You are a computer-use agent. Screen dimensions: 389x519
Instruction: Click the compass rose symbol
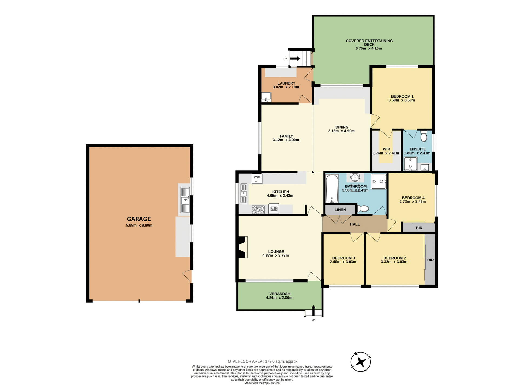coord(360,362)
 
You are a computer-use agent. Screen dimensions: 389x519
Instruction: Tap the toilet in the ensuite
coord(424,136)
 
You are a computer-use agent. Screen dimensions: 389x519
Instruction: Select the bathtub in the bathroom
coord(332,189)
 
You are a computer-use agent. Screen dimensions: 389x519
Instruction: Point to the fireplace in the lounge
coord(242,247)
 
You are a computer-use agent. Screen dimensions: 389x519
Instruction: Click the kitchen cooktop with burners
coord(258,209)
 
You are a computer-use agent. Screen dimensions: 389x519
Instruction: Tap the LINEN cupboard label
coord(340,210)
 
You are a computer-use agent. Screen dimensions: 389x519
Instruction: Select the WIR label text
coord(386,149)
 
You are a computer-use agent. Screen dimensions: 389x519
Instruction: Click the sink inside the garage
coord(185,200)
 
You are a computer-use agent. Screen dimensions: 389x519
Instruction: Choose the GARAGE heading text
coord(139,219)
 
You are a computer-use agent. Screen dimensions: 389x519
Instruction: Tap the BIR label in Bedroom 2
coord(430,260)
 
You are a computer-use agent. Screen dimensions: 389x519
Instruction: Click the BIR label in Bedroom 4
coord(419,228)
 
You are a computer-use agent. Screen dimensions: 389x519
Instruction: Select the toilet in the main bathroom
coord(363,209)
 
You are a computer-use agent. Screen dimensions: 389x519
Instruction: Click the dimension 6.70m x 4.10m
coord(368,48)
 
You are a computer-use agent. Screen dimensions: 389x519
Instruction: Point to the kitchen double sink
coord(244,193)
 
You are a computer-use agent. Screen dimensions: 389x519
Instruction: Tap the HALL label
coord(355,224)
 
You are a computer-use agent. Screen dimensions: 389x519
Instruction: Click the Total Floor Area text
coord(262,361)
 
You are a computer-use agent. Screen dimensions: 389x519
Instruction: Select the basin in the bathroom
coord(355,177)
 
